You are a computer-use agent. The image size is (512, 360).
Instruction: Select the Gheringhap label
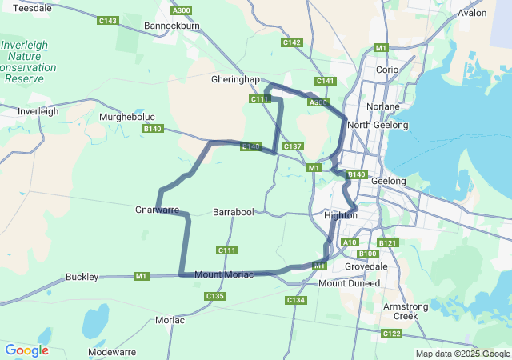237,80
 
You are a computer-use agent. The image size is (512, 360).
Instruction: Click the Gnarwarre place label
157,210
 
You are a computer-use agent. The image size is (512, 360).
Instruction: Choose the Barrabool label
234,212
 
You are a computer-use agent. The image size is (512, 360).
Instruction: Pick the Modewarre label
112,351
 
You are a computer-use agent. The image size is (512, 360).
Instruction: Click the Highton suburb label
340,215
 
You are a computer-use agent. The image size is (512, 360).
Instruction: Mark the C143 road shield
108,21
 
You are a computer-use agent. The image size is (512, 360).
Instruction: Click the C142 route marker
291,42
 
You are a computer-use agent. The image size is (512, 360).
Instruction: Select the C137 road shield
292,146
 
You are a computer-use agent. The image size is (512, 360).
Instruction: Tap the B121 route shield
388,242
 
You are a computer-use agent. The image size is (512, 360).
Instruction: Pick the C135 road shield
214,296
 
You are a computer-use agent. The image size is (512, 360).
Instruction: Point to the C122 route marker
392,333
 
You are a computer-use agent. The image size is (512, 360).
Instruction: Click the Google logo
26,350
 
